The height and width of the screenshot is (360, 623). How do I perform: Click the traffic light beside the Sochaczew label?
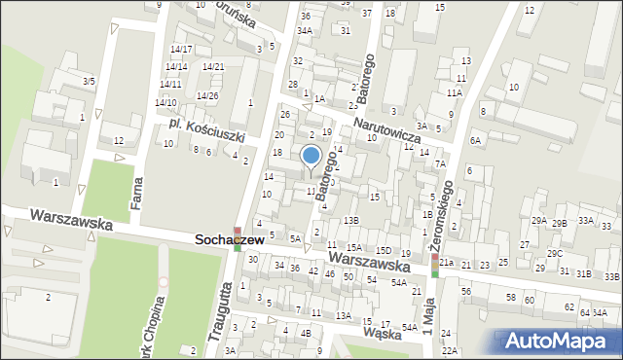pyautogui.click(x=237, y=237)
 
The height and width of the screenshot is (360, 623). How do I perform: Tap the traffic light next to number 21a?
pyautogui.click(x=434, y=266)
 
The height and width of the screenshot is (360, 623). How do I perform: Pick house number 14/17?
pyautogui.click(x=180, y=49)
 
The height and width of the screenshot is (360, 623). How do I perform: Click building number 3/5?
pyautogui.click(x=90, y=81)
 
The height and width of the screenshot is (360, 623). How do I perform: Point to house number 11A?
pyautogui.click(x=455, y=93)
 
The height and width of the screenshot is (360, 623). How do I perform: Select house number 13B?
pyautogui.click(x=351, y=221)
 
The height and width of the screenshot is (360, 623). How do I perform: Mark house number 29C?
pyautogui.click(x=554, y=254)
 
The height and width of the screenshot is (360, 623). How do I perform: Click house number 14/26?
pyautogui.click(x=207, y=95)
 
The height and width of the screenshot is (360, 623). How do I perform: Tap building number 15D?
pyautogui.click(x=384, y=251)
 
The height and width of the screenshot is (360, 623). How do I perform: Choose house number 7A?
pyautogui.click(x=440, y=163)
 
